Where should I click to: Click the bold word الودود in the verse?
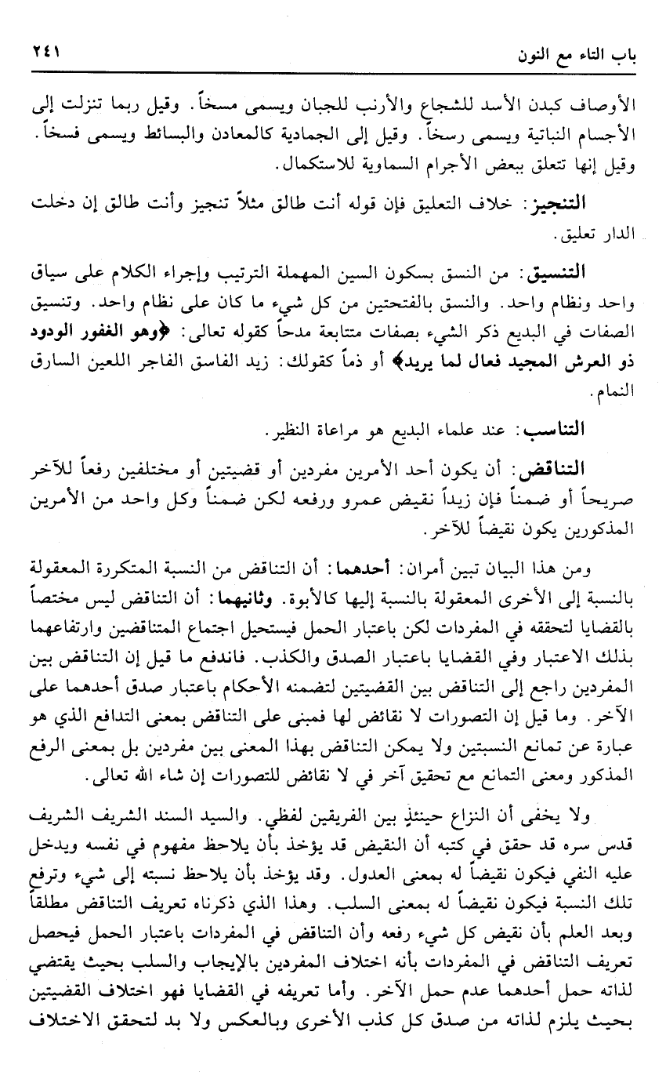52,325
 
